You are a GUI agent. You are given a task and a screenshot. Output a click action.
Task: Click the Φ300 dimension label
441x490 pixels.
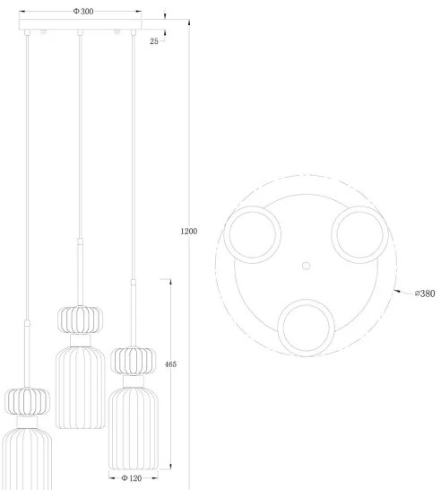83,11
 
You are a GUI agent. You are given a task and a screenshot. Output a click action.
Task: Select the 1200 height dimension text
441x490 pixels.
188,232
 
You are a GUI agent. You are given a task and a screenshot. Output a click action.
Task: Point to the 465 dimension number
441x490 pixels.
170,364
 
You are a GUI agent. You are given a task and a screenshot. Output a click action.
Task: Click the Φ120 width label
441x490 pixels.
133,478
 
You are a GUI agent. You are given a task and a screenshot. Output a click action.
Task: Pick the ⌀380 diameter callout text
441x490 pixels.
424,293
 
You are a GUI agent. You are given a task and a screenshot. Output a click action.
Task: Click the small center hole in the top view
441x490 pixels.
306,266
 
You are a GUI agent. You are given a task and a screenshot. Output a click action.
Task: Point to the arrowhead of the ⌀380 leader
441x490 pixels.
398,291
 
